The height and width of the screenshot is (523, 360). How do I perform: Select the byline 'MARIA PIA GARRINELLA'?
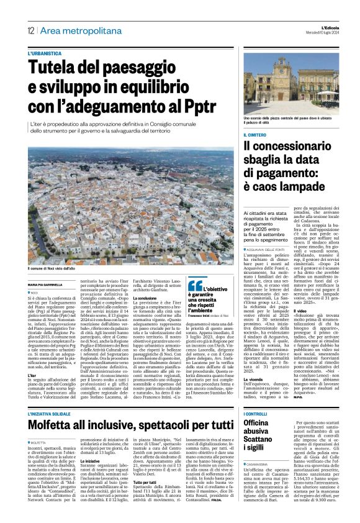47,285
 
